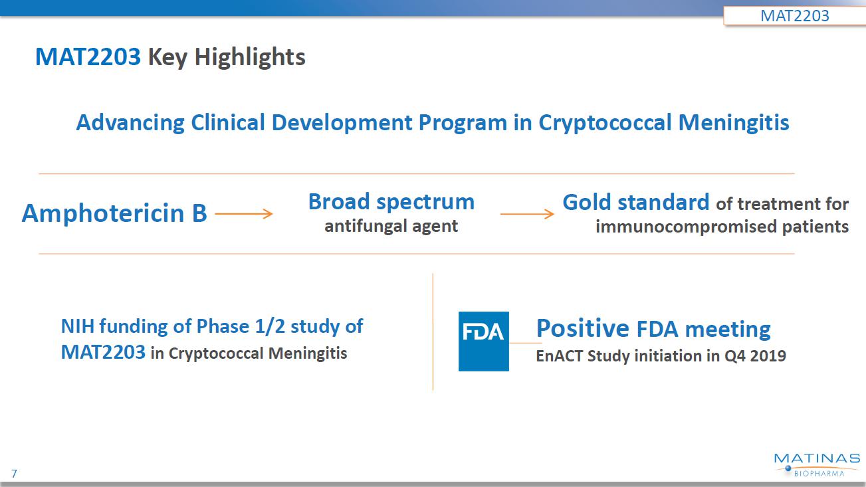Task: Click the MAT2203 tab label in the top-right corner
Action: (794, 16)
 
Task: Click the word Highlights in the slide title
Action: (250, 58)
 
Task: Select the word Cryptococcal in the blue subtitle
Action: (605, 123)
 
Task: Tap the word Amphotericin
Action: (103, 213)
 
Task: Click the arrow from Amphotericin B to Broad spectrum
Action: (243, 214)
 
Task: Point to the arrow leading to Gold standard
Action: (527, 214)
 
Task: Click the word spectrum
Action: (425, 203)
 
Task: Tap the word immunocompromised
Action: (687, 227)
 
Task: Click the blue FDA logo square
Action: (484, 341)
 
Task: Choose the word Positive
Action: (583, 328)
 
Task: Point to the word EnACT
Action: (560, 355)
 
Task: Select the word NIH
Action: (77, 326)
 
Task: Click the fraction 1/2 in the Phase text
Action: (270, 326)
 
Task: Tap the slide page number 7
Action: (15, 474)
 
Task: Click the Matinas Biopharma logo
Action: (817, 465)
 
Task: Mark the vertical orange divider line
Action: (433, 332)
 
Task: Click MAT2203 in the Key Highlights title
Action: (88, 57)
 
